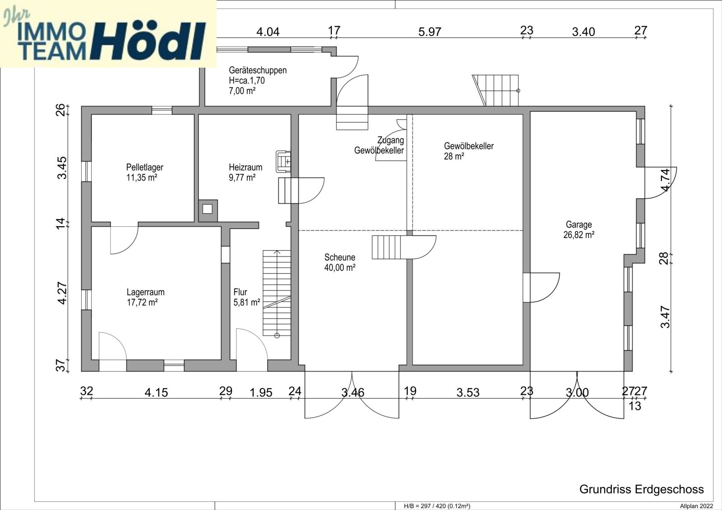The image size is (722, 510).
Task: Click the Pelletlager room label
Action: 144,167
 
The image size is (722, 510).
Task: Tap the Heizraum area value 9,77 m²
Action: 242,178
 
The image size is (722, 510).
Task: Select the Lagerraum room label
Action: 145,292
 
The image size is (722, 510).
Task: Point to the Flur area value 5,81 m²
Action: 246,303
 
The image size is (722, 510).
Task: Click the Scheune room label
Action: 339,257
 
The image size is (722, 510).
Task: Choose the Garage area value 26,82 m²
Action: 579,235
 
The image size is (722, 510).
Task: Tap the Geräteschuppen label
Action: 257,70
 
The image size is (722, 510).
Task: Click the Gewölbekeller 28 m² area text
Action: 454,156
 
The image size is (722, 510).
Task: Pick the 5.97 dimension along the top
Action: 430,32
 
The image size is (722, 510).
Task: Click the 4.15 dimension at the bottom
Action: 156,393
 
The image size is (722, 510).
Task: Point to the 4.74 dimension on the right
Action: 665,179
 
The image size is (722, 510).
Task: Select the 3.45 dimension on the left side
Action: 62,167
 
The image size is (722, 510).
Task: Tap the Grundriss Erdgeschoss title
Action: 641,489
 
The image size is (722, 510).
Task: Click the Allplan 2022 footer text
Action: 696,506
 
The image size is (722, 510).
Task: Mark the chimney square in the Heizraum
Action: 207,209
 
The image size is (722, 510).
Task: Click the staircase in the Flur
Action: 277,293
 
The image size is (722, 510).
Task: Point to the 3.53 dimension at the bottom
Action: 467,393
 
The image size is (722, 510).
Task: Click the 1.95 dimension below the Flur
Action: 261,393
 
